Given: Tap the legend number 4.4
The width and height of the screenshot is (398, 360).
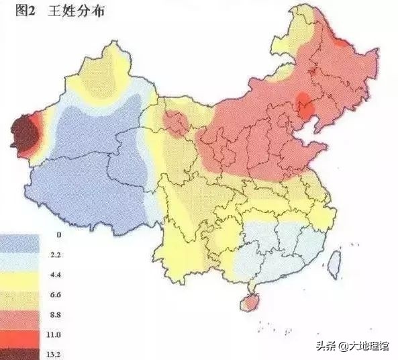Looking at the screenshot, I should pos(58,275).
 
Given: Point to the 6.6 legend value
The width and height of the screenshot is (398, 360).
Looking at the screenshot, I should pos(58,294).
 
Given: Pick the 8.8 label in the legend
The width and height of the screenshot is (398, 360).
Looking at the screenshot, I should pos(58,314).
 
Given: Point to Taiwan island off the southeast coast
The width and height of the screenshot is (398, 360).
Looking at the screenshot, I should pos(333,263).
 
